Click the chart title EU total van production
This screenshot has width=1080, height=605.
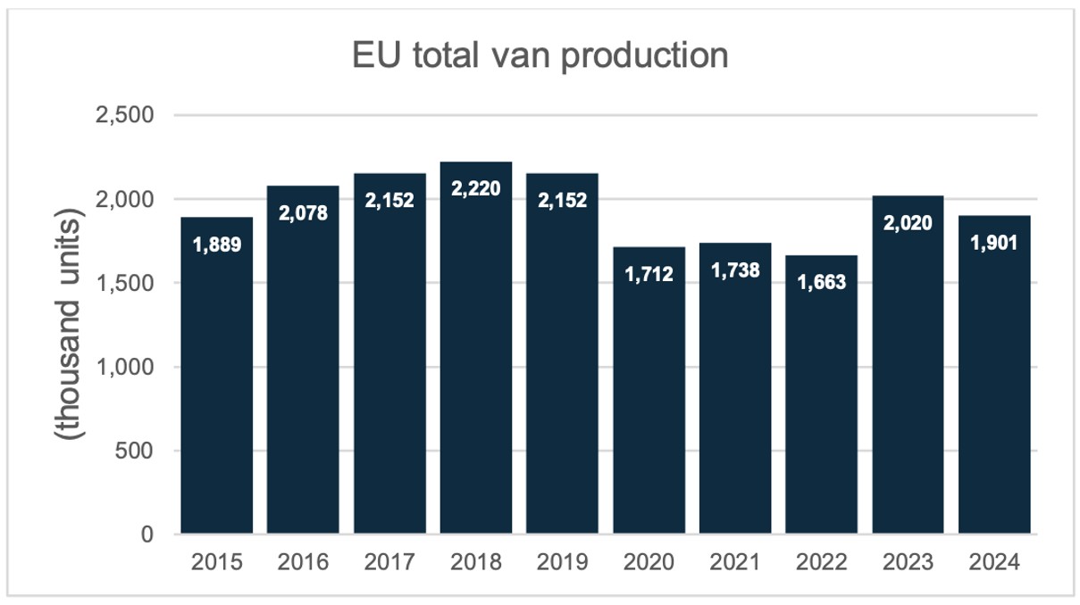click(539, 56)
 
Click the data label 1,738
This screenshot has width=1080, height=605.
click(735, 269)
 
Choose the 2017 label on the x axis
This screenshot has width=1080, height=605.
click(389, 563)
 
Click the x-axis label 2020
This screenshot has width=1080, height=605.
click(649, 563)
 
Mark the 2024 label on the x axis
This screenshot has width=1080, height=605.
click(994, 563)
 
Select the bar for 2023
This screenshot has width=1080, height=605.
click(908, 384)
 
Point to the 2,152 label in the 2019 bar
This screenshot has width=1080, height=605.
click(562, 200)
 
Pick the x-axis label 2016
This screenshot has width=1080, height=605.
click(303, 563)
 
